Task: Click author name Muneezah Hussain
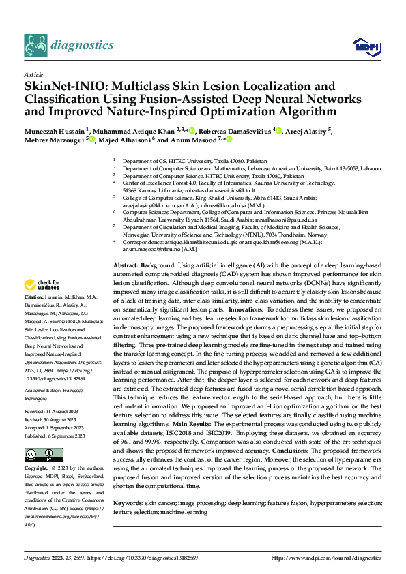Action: (x=55, y=130)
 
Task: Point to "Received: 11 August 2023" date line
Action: (x=55, y=412)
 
